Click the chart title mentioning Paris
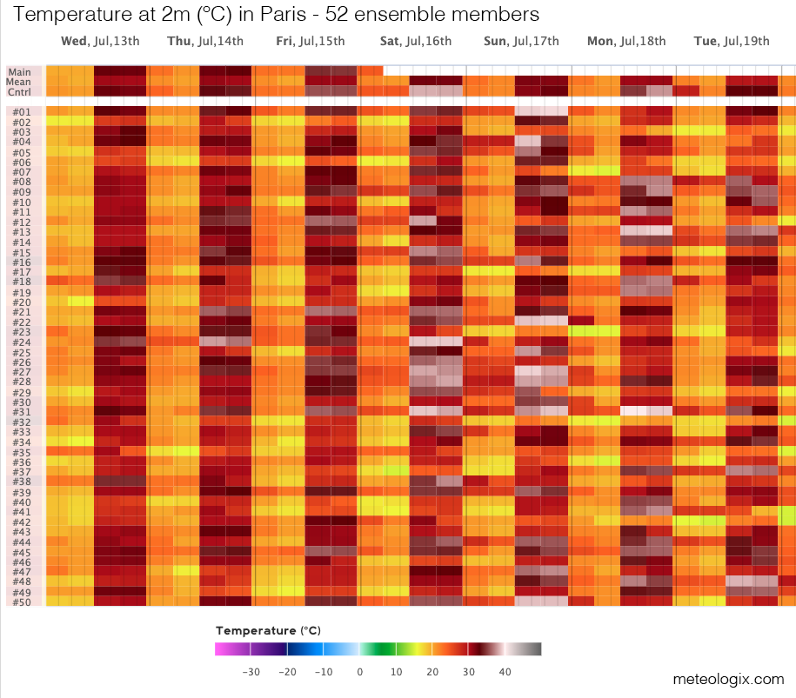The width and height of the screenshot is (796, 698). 277,15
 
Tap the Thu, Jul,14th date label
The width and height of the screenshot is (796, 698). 204,42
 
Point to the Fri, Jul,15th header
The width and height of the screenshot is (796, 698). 310,42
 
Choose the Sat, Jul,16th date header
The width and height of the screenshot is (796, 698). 416,42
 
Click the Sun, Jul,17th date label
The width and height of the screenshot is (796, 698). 521,42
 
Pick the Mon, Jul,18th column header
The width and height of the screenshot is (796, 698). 626,42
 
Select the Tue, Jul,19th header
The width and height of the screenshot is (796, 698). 732,42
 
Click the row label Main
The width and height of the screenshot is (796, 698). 19,72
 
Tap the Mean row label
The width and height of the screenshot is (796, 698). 19,82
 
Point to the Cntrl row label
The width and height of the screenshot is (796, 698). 19,91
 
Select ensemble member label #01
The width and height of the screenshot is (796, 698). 21,112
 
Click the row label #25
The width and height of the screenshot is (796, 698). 21,353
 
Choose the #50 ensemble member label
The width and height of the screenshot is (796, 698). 21,602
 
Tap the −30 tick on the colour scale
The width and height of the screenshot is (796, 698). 251,672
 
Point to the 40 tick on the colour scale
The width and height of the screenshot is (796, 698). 504,672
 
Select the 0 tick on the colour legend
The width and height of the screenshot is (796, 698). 359,672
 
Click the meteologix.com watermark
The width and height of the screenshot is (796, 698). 727,679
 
